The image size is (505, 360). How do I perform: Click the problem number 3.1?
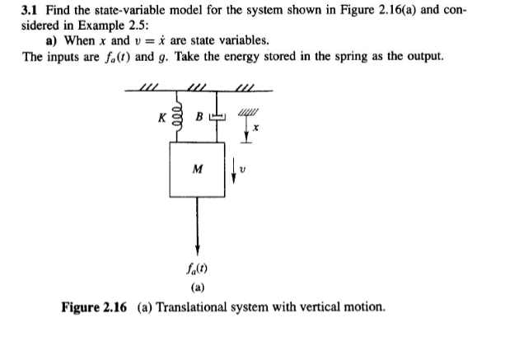[30, 10]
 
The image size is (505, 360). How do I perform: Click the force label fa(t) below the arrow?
[196, 268]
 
